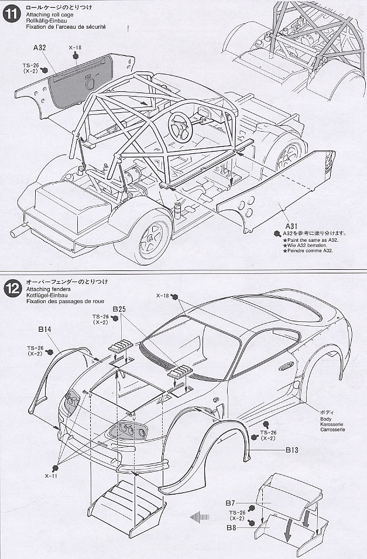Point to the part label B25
[119, 308]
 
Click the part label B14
[45, 330]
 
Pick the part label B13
[293, 450]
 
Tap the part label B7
[230, 502]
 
